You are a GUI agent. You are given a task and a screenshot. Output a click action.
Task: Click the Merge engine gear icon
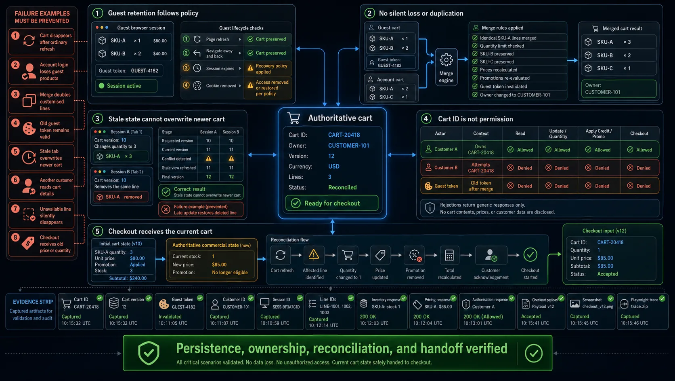click(x=446, y=60)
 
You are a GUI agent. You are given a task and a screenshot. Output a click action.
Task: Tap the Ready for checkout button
click(x=332, y=203)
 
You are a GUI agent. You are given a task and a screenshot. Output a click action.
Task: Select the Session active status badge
click(x=126, y=86)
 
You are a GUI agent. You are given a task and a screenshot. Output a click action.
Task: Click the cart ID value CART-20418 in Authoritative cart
click(x=344, y=135)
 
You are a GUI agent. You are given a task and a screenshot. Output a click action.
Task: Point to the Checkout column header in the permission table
click(x=639, y=133)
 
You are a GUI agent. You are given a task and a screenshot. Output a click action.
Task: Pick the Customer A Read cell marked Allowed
click(x=520, y=150)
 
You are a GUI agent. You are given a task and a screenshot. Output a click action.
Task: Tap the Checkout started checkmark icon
click(x=530, y=255)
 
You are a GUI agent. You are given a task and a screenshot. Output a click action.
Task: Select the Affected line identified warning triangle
click(x=314, y=255)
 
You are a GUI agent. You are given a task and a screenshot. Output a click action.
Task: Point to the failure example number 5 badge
click(x=15, y=151)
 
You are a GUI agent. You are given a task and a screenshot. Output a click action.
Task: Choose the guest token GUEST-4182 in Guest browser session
click(x=145, y=71)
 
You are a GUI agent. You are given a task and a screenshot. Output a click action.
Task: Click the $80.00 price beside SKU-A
click(x=160, y=41)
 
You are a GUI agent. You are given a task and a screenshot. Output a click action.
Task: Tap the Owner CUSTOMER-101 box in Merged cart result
click(x=618, y=89)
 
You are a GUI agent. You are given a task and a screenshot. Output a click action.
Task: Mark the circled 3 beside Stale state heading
click(x=97, y=119)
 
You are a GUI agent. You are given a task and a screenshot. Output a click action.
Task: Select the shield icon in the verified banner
click(x=149, y=353)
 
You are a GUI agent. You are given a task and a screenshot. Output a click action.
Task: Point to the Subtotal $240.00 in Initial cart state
click(x=128, y=278)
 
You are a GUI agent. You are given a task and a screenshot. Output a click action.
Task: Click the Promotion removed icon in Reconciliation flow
click(x=415, y=255)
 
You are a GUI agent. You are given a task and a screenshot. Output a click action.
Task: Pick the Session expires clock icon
click(x=197, y=68)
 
